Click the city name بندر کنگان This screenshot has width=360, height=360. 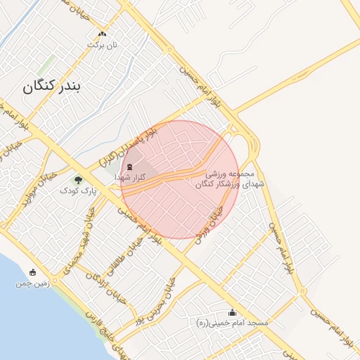click(52, 87)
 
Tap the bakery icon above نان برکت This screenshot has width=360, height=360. click(103, 34)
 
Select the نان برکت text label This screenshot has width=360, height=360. click(100, 44)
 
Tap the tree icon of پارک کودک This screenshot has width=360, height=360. click(78, 179)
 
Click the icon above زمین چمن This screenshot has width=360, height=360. click(32, 273)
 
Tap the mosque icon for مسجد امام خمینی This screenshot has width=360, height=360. click(233, 312)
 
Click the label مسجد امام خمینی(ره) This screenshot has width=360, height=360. click(232, 323)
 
